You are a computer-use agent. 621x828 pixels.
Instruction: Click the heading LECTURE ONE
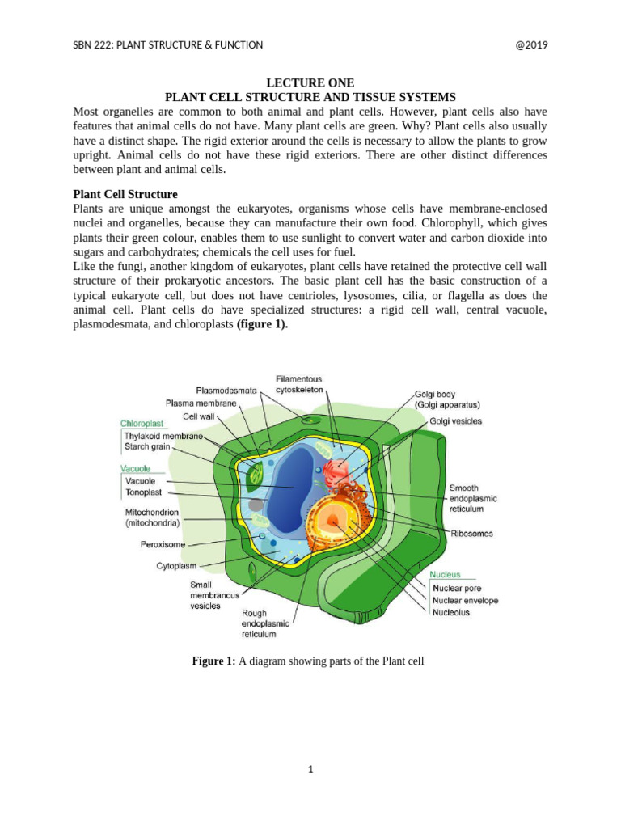pos(310,82)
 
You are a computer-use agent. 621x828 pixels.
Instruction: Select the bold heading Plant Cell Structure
pos(125,195)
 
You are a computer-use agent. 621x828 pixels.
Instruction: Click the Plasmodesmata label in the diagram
pos(226,391)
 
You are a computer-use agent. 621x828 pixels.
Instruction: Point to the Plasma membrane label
pos(201,403)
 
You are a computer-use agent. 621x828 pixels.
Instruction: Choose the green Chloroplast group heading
pos(142,423)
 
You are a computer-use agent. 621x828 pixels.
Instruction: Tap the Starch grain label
pos(146,446)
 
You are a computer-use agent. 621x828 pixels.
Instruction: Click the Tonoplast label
pos(144,492)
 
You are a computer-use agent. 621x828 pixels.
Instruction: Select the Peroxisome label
pos(163,545)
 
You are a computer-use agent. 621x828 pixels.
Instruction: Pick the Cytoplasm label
pos(177,566)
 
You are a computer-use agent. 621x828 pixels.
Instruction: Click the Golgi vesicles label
pos(456,421)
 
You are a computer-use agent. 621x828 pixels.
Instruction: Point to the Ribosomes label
pos(471,534)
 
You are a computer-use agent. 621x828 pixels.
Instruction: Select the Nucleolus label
pos(451,613)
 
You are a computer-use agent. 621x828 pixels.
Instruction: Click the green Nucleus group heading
pos(446,574)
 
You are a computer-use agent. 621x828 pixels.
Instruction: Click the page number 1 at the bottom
pos(310,770)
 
